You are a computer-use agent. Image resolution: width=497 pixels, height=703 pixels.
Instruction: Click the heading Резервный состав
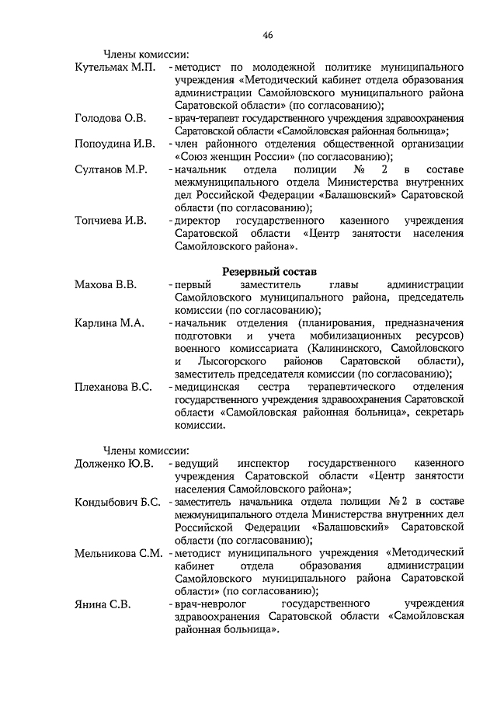click(269, 271)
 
